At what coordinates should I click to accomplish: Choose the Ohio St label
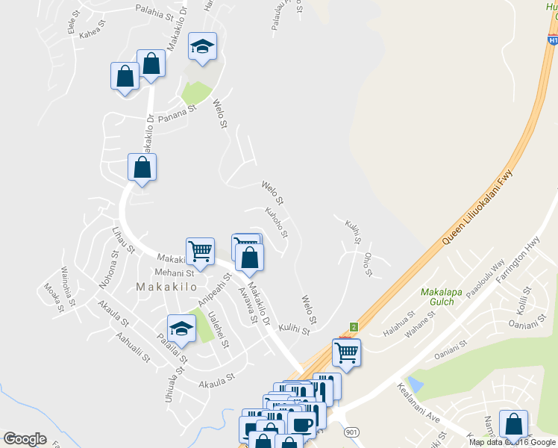(x=368, y=264)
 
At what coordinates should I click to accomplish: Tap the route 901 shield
(x=352, y=432)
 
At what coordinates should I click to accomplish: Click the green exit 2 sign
(x=354, y=326)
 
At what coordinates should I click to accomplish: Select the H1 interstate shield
(x=552, y=42)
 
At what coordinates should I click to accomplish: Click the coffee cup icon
(x=303, y=426)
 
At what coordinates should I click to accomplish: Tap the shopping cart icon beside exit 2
(x=346, y=352)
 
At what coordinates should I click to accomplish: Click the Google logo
(x=25, y=439)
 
